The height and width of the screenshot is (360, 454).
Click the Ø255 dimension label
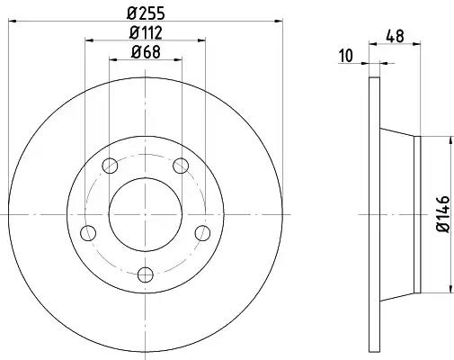(146, 13)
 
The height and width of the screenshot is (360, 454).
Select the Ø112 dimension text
(146, 32)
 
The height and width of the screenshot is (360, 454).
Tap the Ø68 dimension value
(146, 52)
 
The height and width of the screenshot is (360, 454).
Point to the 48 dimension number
(395, 36)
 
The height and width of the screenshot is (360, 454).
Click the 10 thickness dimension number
(346, 56)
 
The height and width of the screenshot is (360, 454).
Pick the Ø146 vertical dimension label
(443, 214)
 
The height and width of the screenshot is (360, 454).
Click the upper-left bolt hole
(110, 166)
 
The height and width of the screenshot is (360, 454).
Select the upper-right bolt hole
(181, 166)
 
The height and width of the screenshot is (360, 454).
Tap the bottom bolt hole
(146, 274)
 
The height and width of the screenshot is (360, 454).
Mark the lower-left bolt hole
(88, 233)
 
